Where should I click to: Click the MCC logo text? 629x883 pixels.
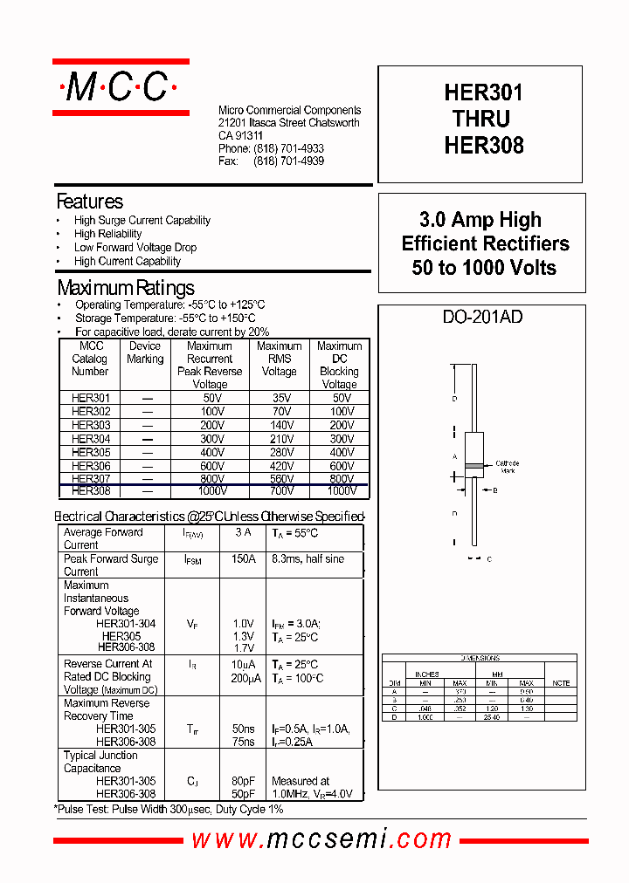121,86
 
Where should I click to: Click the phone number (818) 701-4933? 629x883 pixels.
288,149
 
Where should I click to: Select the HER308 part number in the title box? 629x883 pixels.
483,145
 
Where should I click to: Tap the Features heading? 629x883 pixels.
89,202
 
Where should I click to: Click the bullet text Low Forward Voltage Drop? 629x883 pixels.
135,248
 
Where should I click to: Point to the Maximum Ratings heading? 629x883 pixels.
125,288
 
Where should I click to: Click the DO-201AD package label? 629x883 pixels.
482,318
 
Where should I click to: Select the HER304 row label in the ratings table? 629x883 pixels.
90,439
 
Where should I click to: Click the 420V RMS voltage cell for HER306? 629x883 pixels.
279,466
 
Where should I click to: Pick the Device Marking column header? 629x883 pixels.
145,353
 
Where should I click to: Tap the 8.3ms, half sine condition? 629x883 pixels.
308,559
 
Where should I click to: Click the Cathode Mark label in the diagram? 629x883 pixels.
507,467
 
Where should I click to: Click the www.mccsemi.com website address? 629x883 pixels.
321,839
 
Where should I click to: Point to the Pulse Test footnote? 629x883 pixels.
169,810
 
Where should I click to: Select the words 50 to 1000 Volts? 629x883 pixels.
483,268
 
